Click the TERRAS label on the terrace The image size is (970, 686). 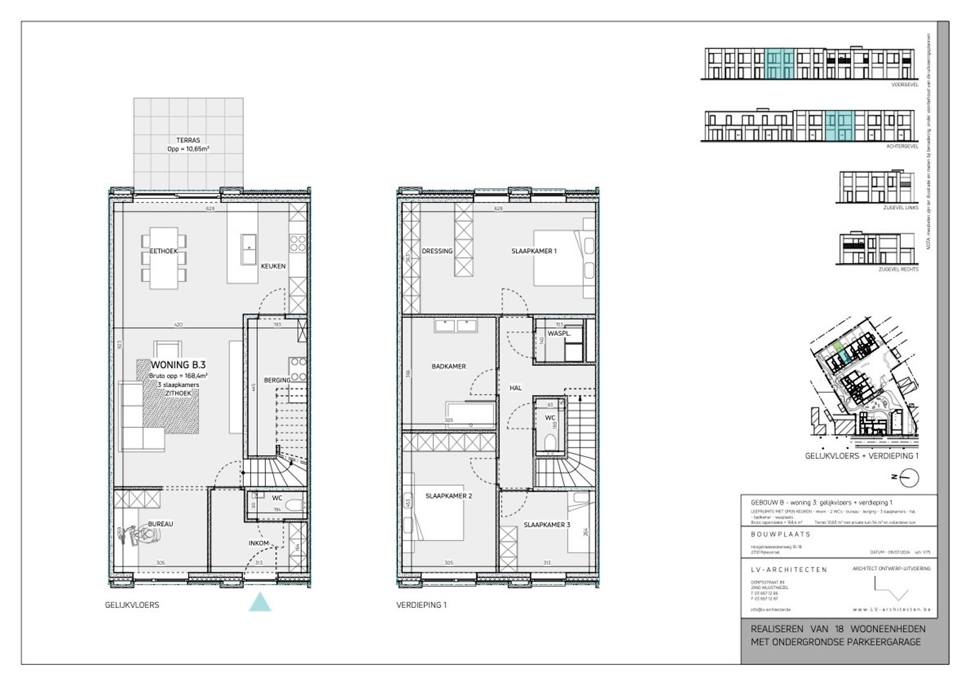188,140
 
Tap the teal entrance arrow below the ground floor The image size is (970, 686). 260,602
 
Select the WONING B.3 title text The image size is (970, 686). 178,365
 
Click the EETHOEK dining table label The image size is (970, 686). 164,251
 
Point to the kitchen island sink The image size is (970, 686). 248,249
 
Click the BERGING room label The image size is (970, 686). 277,380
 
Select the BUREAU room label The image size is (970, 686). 160,524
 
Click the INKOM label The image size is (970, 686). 259,543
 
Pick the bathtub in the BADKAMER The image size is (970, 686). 470,414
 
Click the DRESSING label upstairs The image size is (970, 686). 437,251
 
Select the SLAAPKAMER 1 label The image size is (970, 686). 533,251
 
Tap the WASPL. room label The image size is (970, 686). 559,333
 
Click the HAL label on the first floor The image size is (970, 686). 516,388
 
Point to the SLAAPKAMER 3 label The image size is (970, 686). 547,524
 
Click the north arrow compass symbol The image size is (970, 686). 908,477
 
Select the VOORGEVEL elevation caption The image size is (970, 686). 904,85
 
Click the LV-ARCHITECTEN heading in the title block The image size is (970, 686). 789,569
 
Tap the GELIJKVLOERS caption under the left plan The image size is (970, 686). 132,605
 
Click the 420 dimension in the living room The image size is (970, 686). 178,325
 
